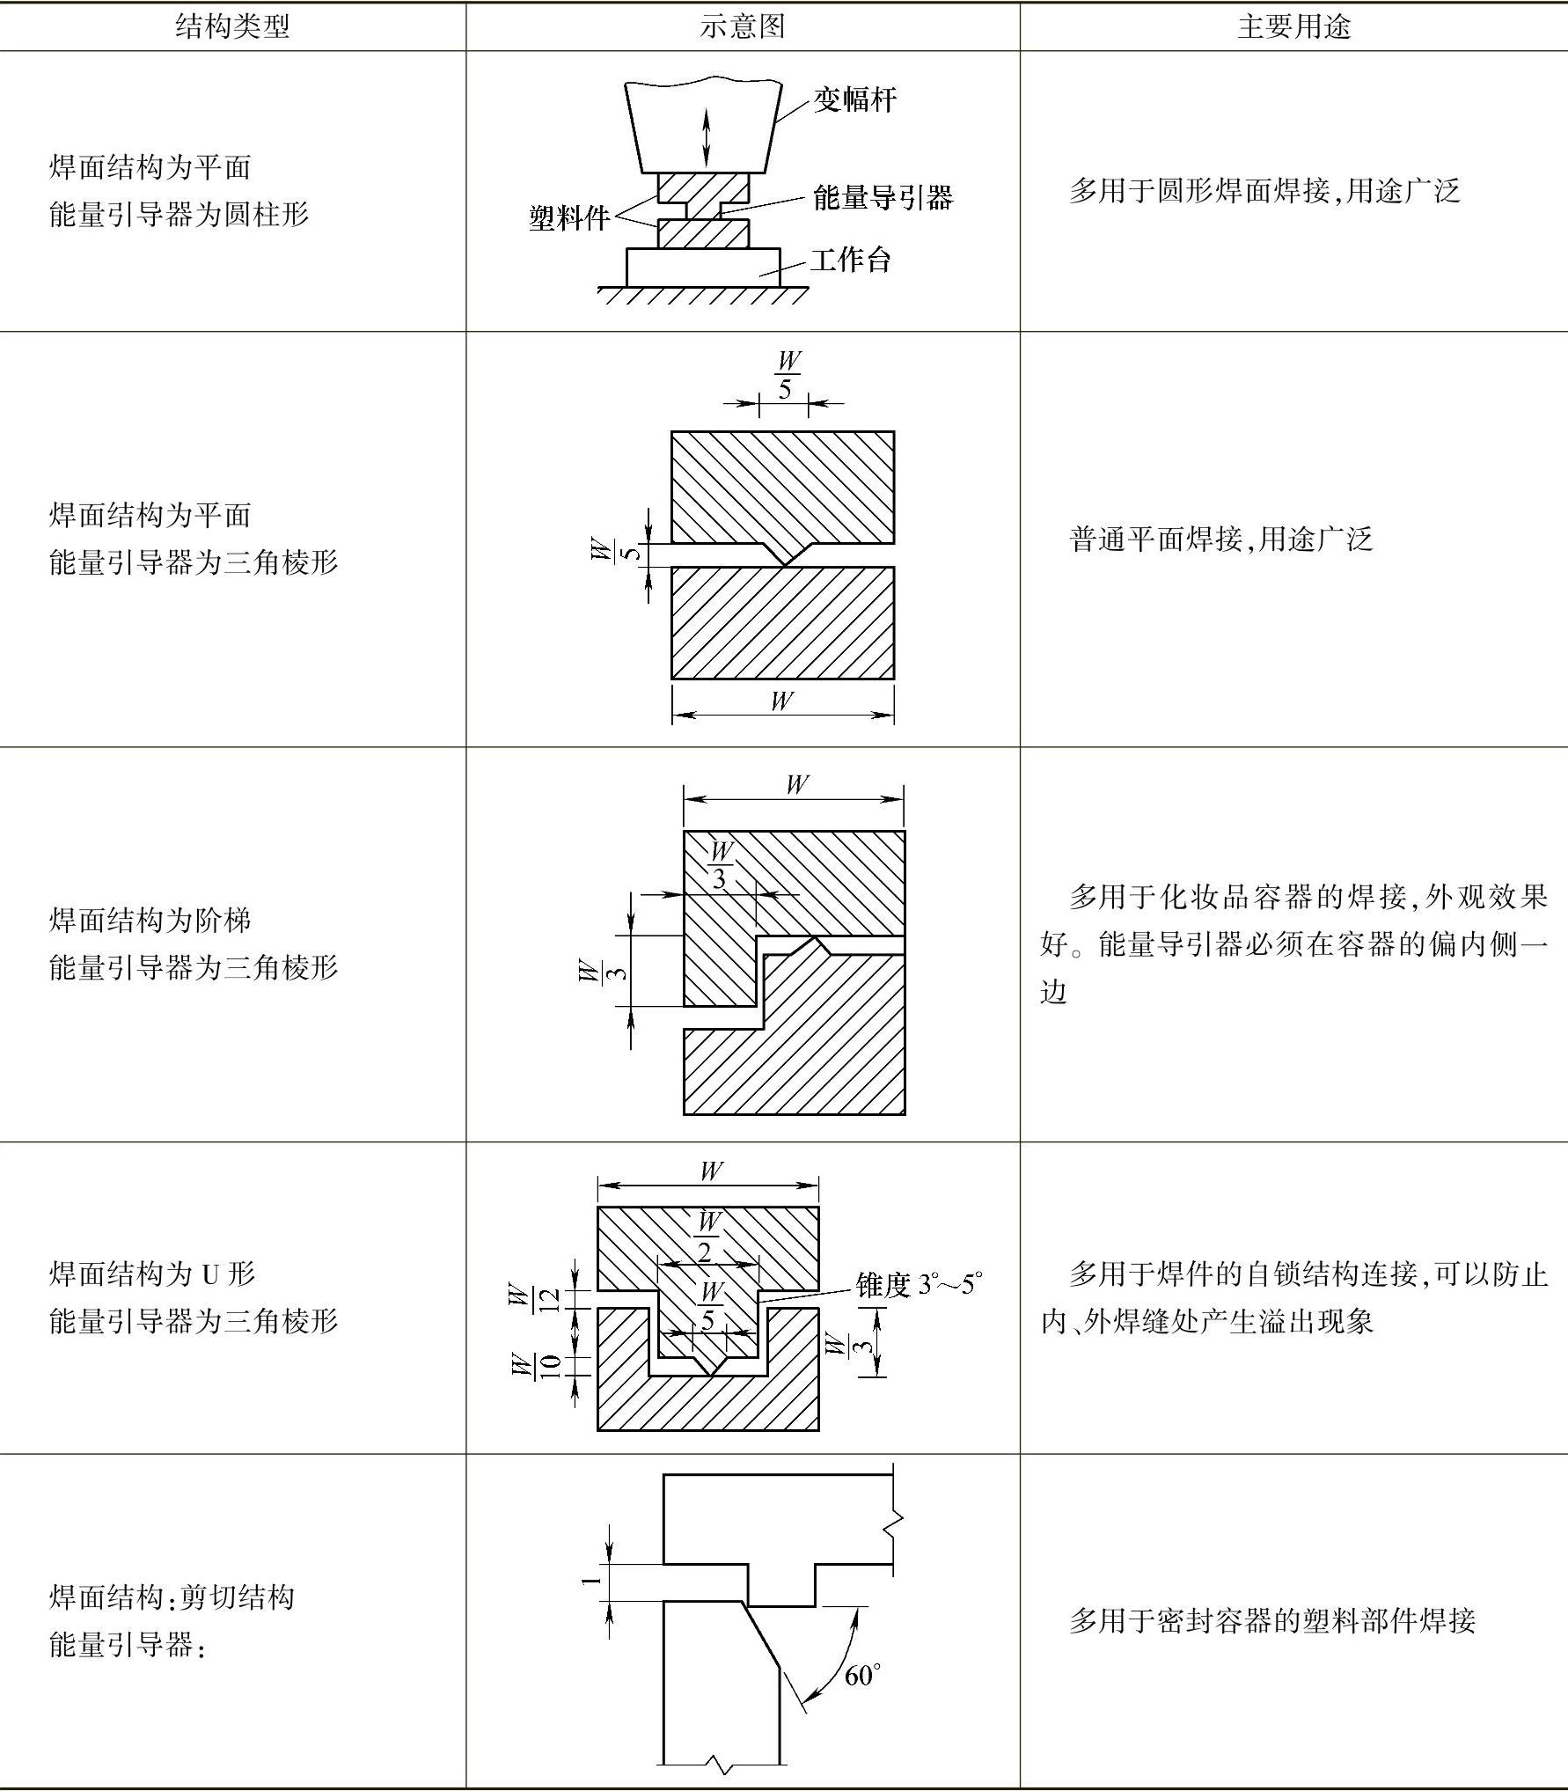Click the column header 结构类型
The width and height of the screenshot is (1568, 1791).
(x=232, y=26)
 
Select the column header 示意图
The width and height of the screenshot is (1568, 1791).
(x=742, y=26)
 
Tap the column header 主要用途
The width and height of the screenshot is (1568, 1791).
(x=1293, y=26)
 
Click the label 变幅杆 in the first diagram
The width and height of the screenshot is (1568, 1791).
(x=854, y=100)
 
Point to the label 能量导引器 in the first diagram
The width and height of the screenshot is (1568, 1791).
(x=883, y=198)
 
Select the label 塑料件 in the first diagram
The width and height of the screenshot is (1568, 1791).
(x=568, y=218)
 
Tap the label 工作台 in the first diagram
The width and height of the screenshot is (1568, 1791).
(x=850, y=261)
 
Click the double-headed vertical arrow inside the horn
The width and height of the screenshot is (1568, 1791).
(x=706, y=138)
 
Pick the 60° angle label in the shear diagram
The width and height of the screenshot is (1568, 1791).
(x=862, y=1676)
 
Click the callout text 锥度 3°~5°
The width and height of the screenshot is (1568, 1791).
(x=919, y=1285)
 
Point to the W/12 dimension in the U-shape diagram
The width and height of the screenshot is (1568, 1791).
(x=533, y=1298)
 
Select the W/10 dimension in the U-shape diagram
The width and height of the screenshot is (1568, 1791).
(x=533, y=1366)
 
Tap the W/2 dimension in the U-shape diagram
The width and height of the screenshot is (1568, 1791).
(x=708, y=1237)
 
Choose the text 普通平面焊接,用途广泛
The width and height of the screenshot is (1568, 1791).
(x=1220, y=539)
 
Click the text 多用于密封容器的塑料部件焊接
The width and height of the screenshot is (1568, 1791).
(x=1271, y=1620)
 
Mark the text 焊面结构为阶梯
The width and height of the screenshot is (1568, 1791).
(x=150, y=921)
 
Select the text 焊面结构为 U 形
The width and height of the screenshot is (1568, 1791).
(x=152, y=1274)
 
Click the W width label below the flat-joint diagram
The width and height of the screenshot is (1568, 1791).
(x=781, y=701)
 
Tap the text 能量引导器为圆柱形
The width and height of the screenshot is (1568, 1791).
(x=180, y=214)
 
